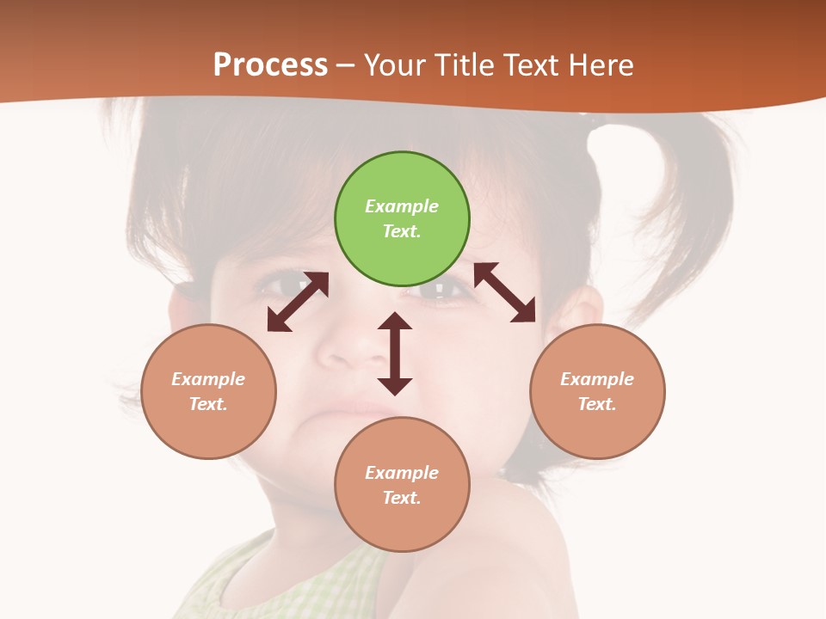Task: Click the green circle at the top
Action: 402,219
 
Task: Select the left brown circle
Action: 208,391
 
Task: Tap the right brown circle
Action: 597,391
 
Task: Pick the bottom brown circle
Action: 402,484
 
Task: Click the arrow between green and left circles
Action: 298,302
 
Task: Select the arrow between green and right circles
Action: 505,292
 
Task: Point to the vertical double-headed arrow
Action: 395,353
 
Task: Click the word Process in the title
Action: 270,64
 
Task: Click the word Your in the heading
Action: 394,64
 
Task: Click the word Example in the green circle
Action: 402,206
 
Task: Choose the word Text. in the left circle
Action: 208,404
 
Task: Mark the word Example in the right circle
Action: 597,379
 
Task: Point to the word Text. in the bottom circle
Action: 402,498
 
